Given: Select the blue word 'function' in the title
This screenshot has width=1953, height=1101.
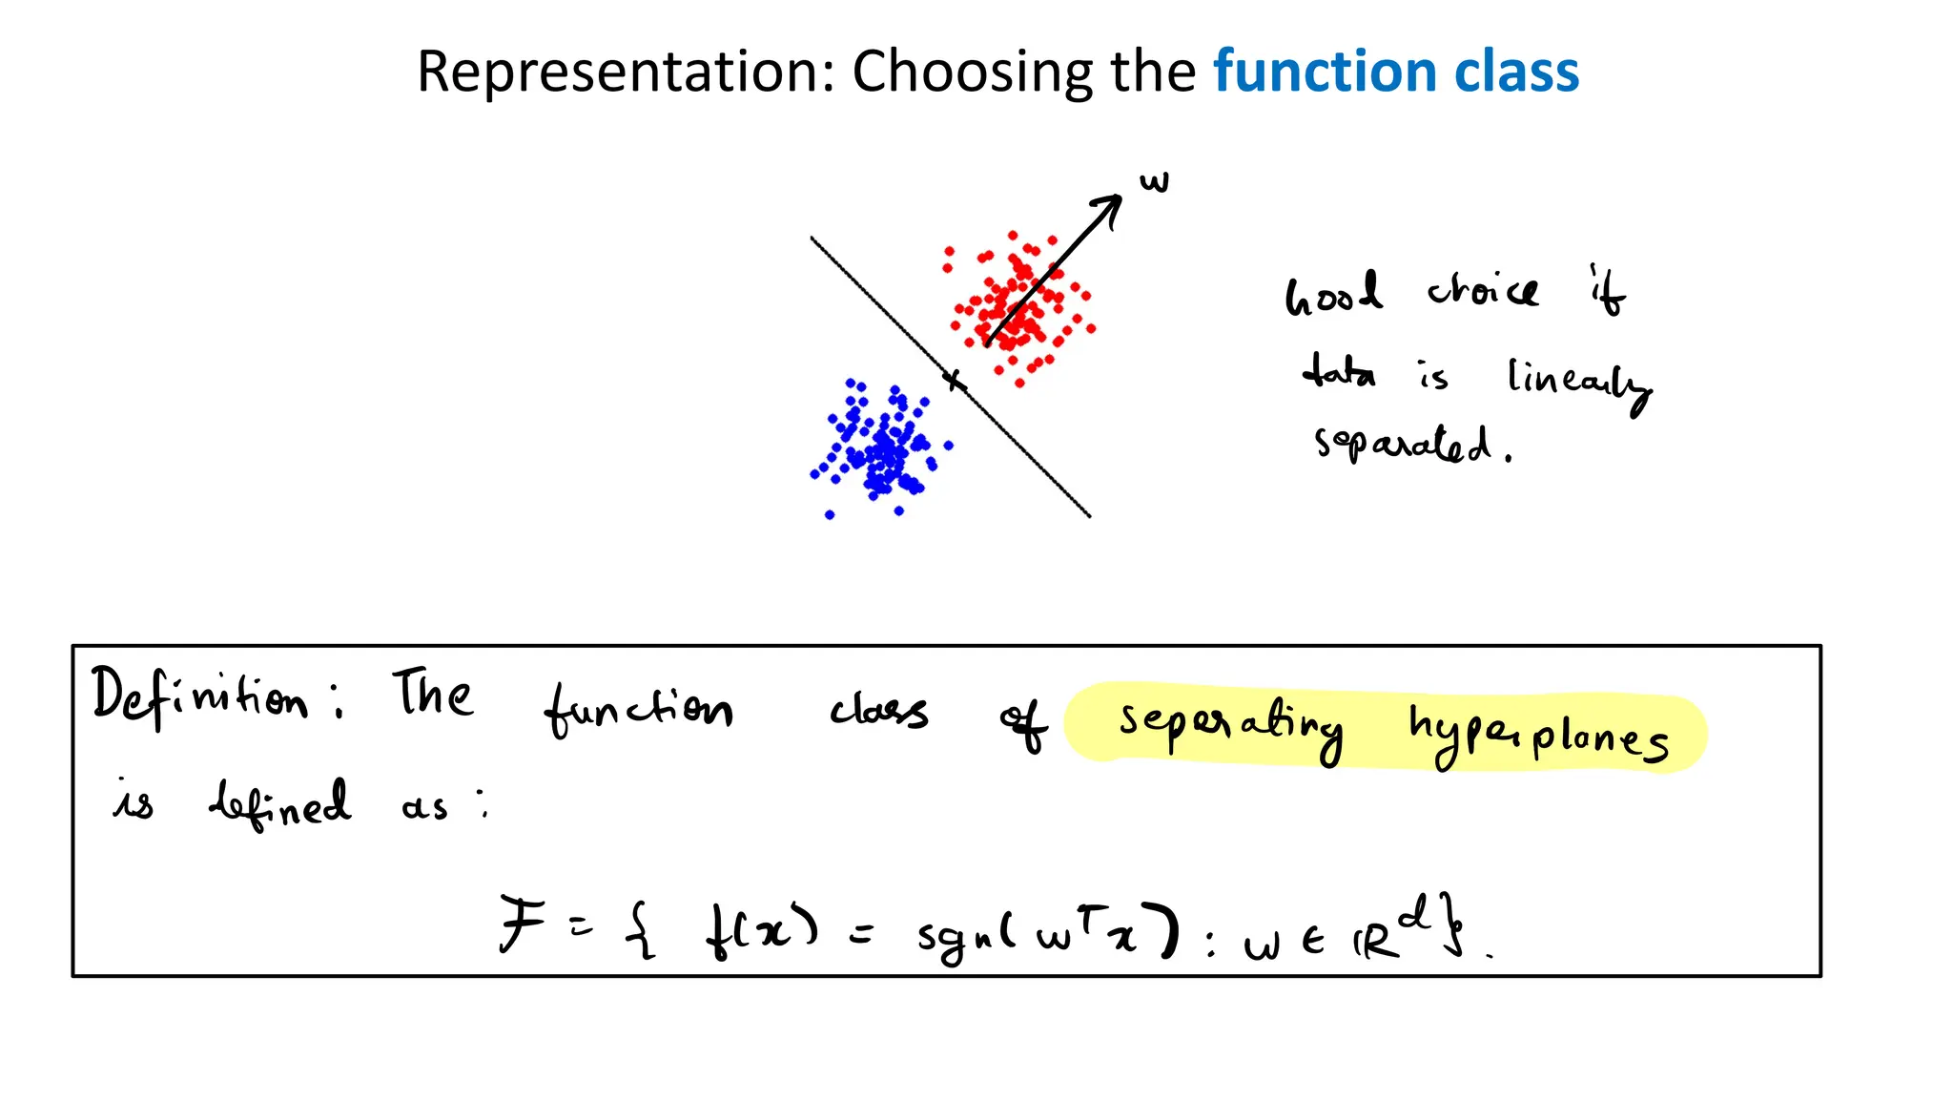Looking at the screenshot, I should point(1325,73).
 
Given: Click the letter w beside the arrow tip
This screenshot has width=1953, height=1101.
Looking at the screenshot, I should point(1154,181).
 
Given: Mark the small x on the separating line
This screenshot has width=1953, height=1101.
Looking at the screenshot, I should point(954,381).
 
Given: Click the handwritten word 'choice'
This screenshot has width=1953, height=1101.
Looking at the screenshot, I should point(1482,290).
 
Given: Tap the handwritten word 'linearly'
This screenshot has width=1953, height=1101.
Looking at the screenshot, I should point(1577,382).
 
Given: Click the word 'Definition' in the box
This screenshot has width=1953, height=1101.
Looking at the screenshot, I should point(200,696).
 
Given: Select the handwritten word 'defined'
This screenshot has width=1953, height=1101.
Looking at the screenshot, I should point(279,803).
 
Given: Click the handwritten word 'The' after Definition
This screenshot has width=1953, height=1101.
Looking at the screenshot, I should point(432,694).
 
